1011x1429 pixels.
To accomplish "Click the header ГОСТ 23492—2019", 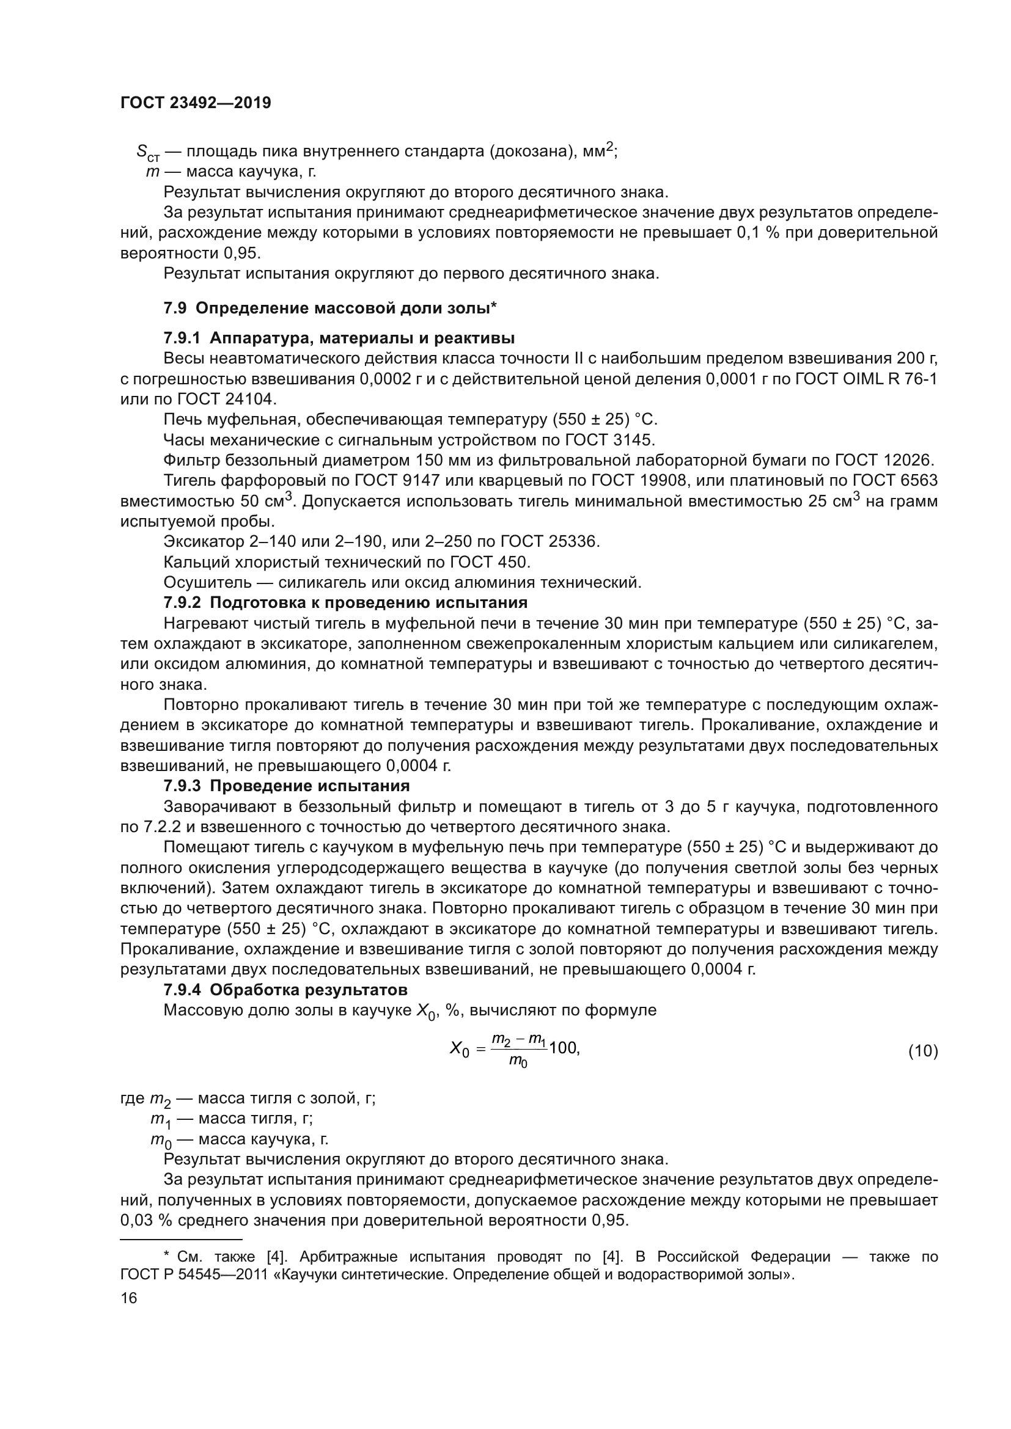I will pos(196,103).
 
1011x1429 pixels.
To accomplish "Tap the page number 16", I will pos(129,1298).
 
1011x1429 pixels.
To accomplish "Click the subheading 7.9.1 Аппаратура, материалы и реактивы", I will pos(339,338).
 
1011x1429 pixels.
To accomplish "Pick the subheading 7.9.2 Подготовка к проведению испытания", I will pos(345,602).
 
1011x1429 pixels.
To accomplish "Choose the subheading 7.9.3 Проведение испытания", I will pos(286,786).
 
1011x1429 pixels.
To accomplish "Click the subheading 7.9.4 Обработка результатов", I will pos(285,990).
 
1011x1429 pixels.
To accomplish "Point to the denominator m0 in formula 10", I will pos(518,1063).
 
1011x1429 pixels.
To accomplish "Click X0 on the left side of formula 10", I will pos(459,1050).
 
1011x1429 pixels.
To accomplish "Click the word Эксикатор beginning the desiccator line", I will pos(199,541).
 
